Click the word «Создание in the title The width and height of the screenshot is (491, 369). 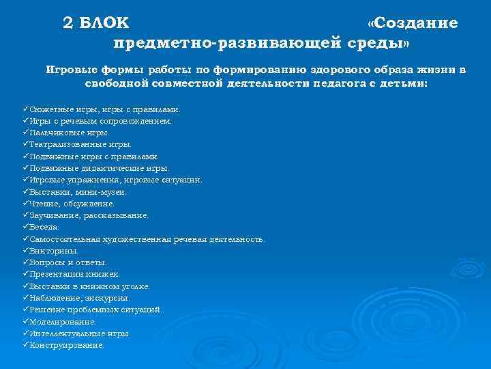[x=412, y=23]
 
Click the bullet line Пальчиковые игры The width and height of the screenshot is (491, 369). [x=69, y=133]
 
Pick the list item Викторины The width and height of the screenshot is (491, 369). [x=54, y=251]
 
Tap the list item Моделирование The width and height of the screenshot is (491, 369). [x=63, y=321]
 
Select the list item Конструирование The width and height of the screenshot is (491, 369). [x=67, y=345]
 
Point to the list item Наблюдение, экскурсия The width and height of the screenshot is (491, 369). [x=79, y=298]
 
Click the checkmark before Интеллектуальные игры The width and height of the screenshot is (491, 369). [x=25, y=333]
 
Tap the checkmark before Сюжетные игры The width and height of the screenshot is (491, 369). [x=25, y=109]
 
